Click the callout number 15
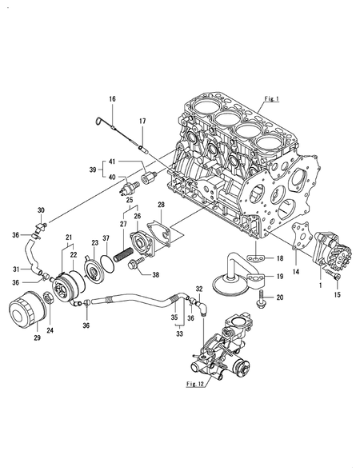click(x=335, y=295)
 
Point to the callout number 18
click(x=279, y=259)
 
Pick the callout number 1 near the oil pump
click(x=321, y=284)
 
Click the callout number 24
click(x=53, y=329)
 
